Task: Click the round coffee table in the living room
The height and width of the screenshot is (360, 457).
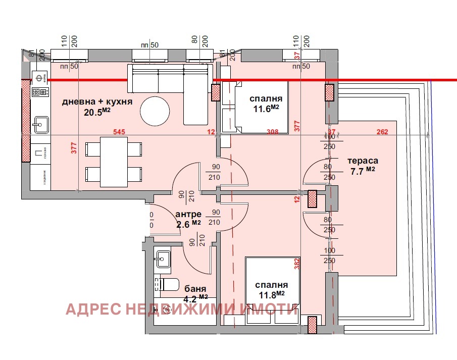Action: pos(156,111)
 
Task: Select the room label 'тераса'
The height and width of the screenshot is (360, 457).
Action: pos(363,161)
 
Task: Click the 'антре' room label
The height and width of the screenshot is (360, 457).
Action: pos(188,214)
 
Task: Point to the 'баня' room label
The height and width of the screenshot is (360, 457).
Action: pos(195,289)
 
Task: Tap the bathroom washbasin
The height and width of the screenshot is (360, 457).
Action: pos(163,259)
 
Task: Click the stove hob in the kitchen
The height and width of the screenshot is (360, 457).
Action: pos(40,92)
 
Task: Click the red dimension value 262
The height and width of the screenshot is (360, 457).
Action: pos(382,132)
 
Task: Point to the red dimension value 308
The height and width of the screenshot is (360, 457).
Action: pos(273,132)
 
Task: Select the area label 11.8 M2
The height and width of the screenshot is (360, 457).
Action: pos(272,293)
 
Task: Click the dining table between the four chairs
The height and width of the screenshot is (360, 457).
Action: pos(114,162)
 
